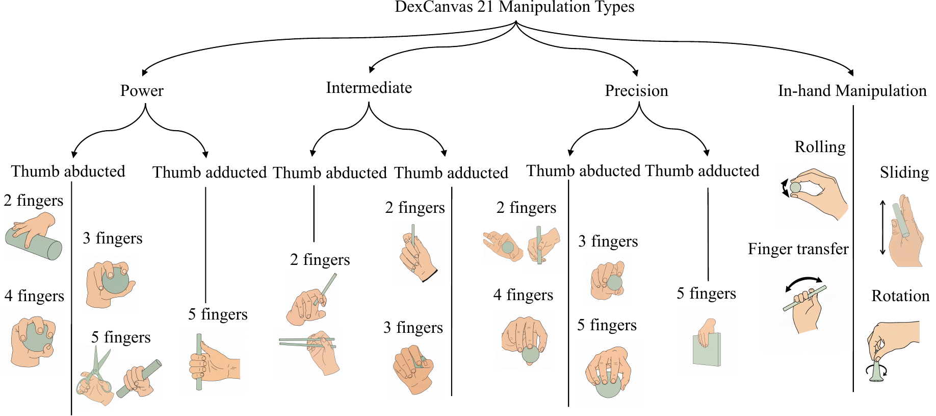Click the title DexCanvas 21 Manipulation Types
[514, 7]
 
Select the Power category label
[142, 91]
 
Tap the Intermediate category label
[369, 88]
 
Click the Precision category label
[636, 91]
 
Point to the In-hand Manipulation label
[852, 91]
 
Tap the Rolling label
[820, 147]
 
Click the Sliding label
[904, 173]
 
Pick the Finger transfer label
[798, 249]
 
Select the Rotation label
[900, 296]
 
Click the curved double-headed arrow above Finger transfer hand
[804, 283]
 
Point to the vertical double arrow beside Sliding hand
[883, 227]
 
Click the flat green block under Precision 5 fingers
[708, 351]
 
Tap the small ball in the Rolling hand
[795, 187]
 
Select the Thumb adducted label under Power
[210, 173]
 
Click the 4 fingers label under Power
[34, 296]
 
